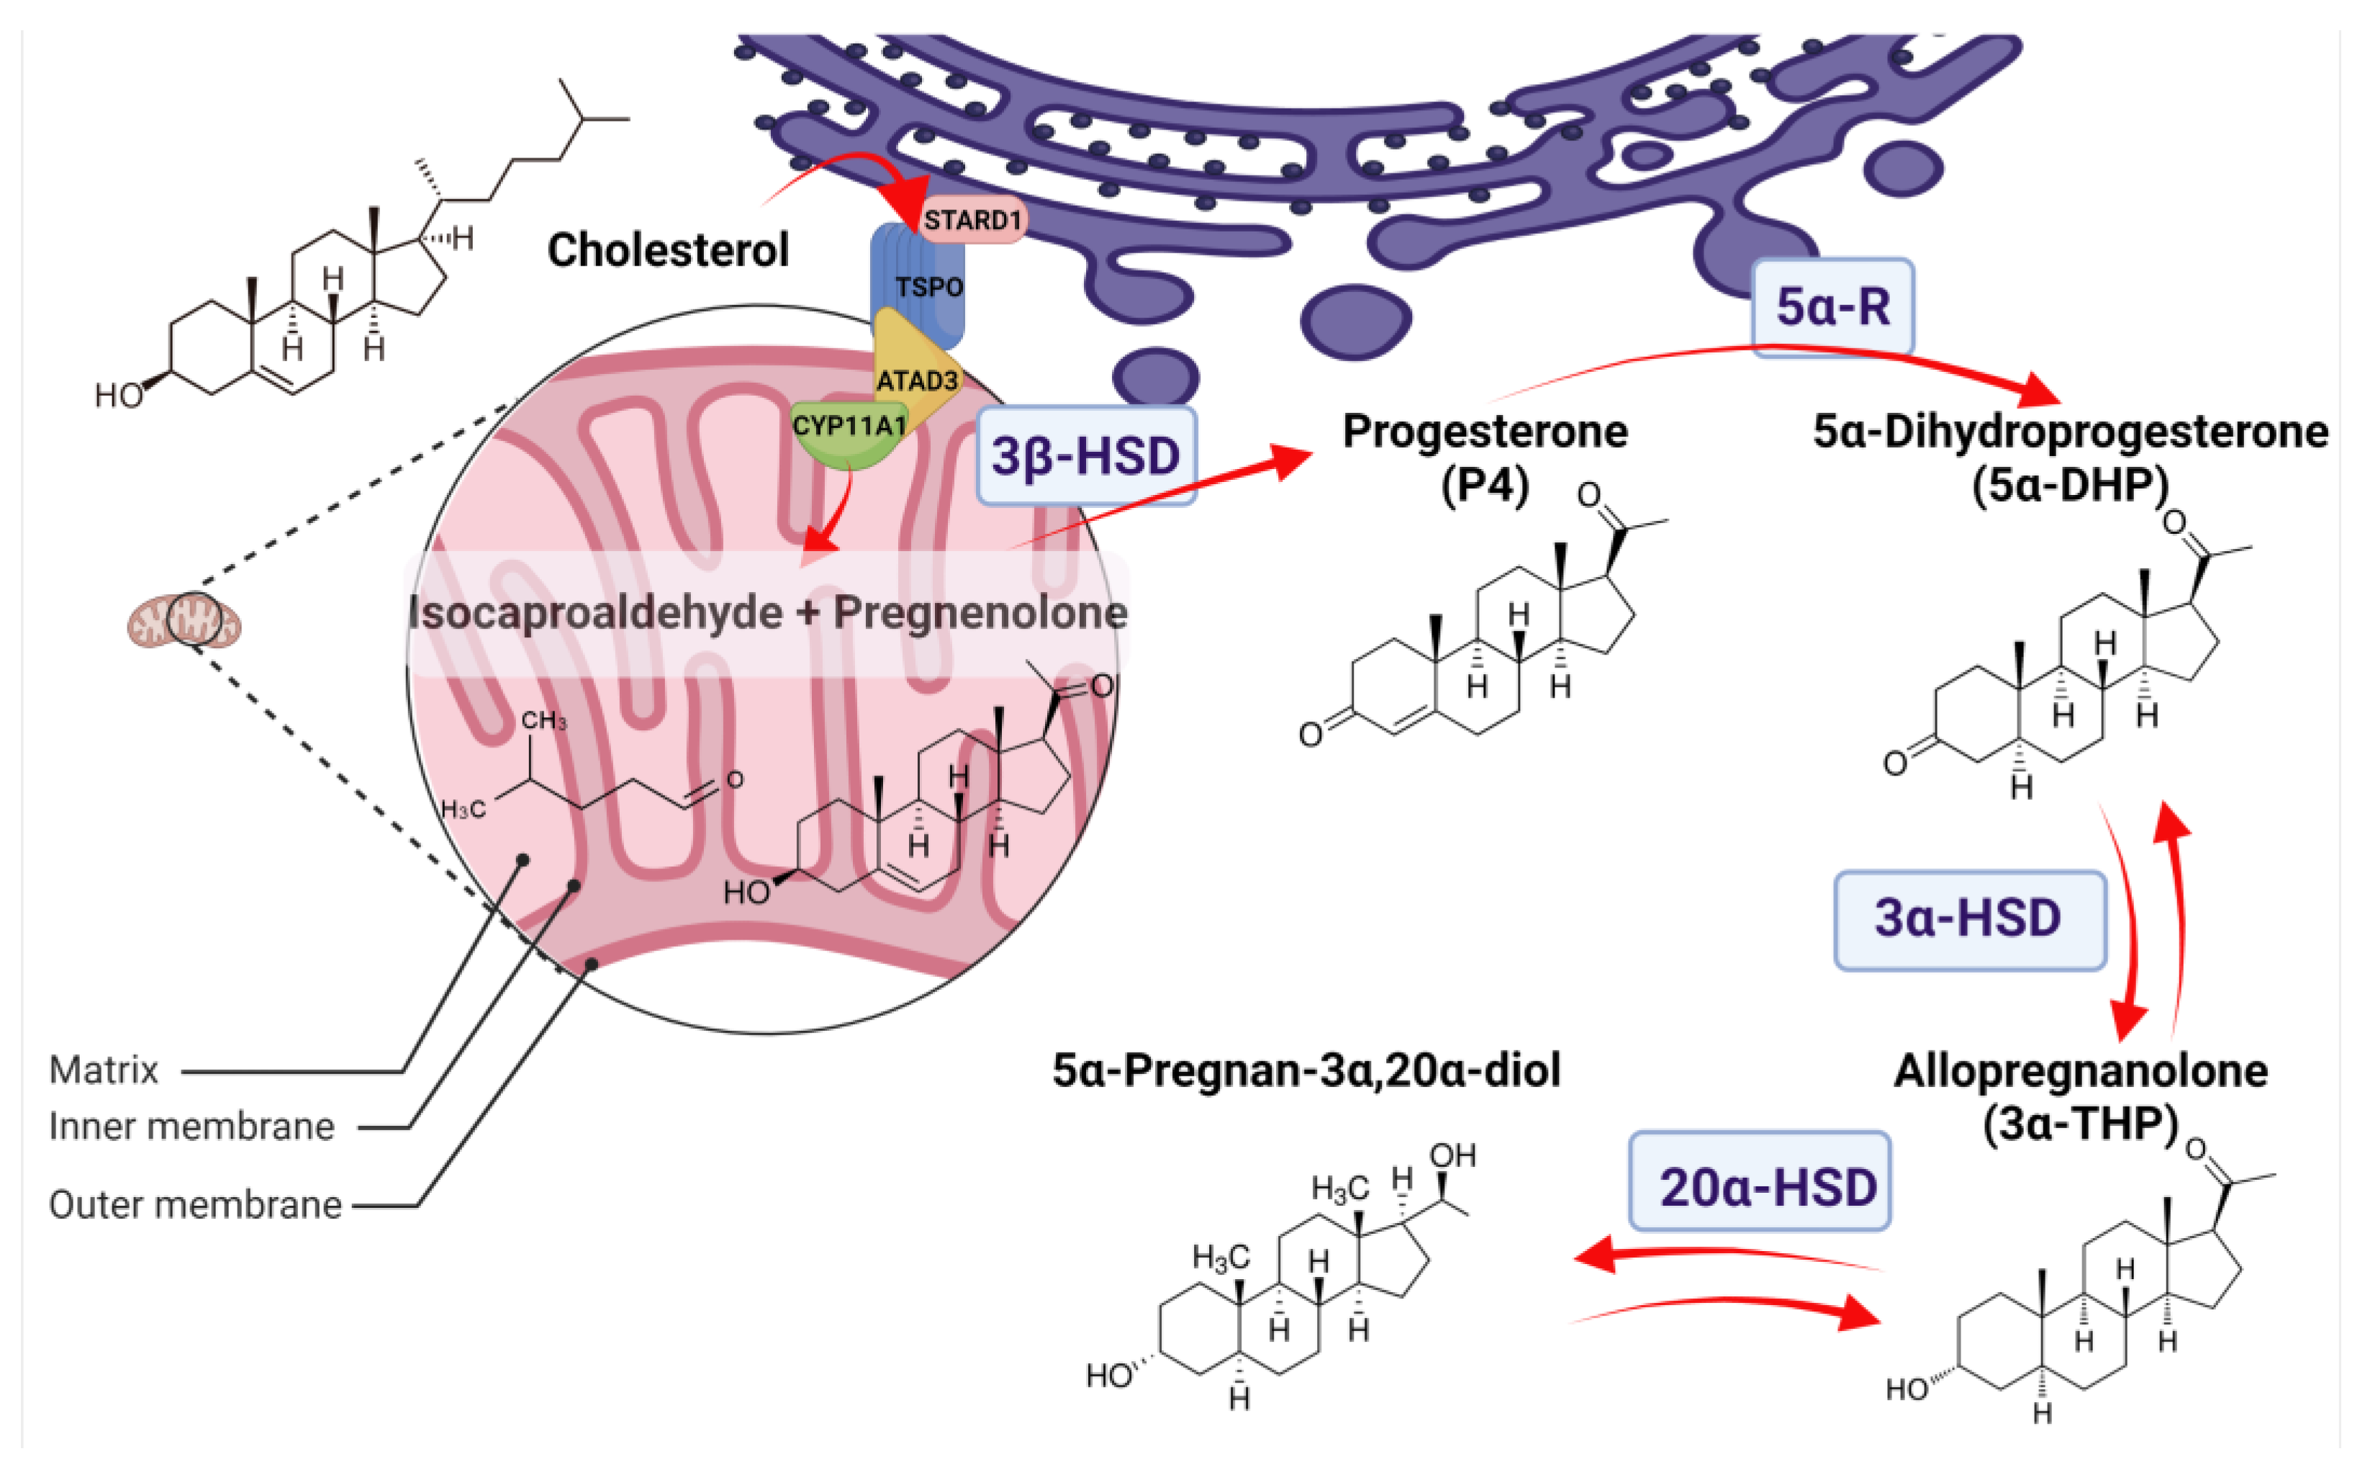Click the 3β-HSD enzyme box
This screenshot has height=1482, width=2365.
pos(1085,457)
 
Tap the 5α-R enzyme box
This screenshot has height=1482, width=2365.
pos(1832,306)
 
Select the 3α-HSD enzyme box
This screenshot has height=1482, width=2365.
pos(1969,919)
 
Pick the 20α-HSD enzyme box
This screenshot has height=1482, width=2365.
pos(1759,1187)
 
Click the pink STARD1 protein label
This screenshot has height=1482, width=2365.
pos(972,219)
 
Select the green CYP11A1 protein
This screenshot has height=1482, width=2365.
pos(848,431)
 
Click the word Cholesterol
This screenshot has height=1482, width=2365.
pos(668,250)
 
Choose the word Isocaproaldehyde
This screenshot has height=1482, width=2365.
pos(595,614)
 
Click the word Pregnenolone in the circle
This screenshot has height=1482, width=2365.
pos(980,614)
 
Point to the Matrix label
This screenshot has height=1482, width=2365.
pos(104,1070)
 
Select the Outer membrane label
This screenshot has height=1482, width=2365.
pos(195,1204)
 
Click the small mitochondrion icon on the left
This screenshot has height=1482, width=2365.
pos(184,622)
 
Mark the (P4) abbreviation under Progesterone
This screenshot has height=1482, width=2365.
pos(1485,485)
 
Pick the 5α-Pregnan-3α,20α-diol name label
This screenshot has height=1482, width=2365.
pos(1306,1070)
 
